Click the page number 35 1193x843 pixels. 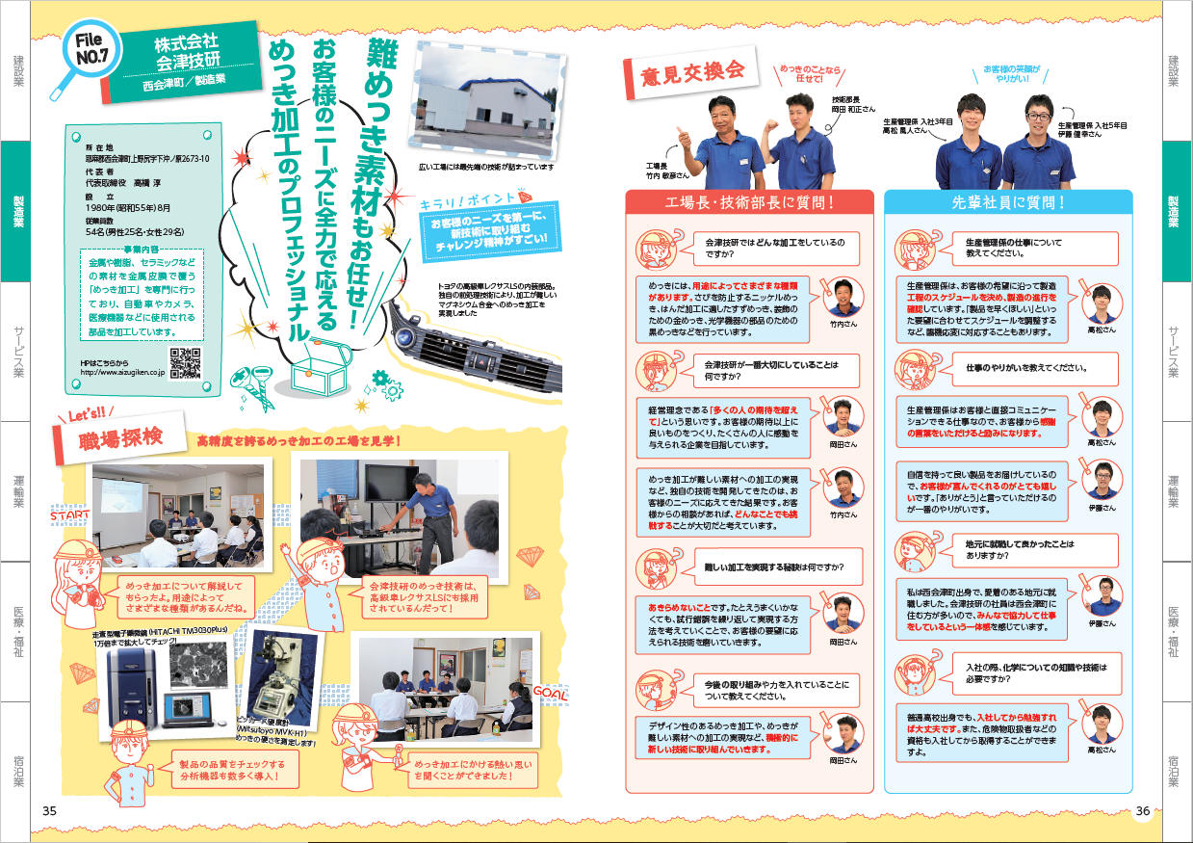[50, 810]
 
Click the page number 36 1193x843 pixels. [1143, 810]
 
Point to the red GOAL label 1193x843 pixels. [550, 693]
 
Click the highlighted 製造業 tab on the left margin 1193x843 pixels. [18, 211]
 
